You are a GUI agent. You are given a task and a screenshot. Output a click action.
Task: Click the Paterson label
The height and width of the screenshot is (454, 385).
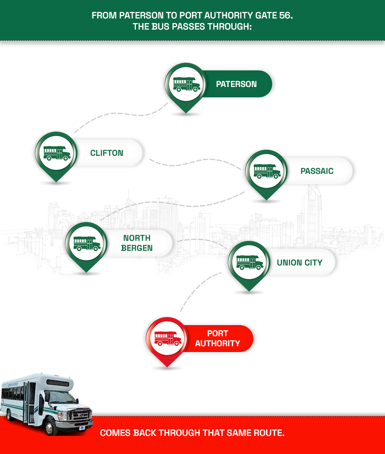click(236, 84)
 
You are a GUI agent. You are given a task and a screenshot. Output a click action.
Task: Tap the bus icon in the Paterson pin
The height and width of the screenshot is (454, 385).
click(186, 84)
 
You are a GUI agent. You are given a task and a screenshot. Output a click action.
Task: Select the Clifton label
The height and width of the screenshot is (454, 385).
click(107, 153)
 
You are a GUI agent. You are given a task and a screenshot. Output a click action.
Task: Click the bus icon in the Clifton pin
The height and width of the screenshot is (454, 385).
click(57, 153)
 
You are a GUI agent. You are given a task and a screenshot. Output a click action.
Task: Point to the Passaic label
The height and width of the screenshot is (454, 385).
click(317, 171)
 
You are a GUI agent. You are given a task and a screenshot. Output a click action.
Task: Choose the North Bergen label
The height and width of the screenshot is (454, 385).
click(137, 243)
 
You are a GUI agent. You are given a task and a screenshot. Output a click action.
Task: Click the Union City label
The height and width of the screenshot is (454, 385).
click(300, 263)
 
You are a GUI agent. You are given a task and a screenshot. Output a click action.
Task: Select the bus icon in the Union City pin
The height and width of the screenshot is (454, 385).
click(249, 262)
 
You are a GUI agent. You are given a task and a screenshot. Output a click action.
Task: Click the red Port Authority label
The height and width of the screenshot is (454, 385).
click(218, 339)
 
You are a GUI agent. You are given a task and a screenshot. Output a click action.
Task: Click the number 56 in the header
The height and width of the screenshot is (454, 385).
click(282, 16)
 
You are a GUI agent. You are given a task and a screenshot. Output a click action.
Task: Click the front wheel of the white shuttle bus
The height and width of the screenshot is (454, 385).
click(51, 427)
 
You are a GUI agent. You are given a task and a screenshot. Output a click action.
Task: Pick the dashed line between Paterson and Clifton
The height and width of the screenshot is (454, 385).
click(115, 114)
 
